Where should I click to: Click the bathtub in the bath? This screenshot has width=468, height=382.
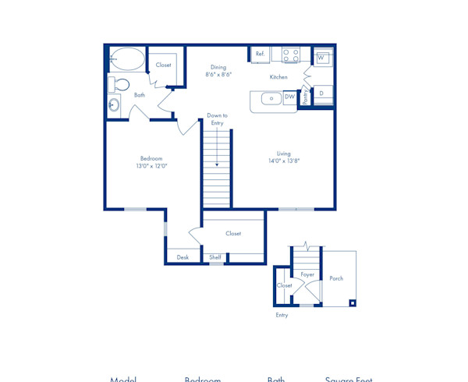coord(127,59)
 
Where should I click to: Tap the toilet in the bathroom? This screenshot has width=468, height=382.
coord(122,83)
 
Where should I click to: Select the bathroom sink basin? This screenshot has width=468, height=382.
coord(115,104)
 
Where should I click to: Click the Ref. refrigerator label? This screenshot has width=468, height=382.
coord(260,55)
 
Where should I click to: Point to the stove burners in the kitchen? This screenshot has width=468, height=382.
coord(291,55)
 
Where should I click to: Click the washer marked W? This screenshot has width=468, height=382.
coord(321,58)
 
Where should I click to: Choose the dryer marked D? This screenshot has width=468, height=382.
coord(321,94)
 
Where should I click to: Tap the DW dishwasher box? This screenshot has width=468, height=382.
coord(289,97)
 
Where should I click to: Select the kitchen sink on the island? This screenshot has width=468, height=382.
coord(270,98)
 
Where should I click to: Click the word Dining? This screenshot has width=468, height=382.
coord(218,67)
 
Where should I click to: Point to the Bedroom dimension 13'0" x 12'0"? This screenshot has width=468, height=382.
coord(151,166)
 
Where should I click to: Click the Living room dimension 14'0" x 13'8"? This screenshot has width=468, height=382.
coord(283,161)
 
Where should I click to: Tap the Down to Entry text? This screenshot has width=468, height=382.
coord(217,118)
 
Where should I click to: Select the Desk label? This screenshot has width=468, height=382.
coord(183,257)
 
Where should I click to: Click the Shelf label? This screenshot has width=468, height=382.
coord(215,257)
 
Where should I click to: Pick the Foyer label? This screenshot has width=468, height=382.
coord(307,274)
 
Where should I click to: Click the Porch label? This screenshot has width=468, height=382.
coord(336,278)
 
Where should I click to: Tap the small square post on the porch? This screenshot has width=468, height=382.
coord(352,303)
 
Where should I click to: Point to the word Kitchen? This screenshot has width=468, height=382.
coord(278,77)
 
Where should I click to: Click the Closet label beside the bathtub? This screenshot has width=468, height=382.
coord(164,65)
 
